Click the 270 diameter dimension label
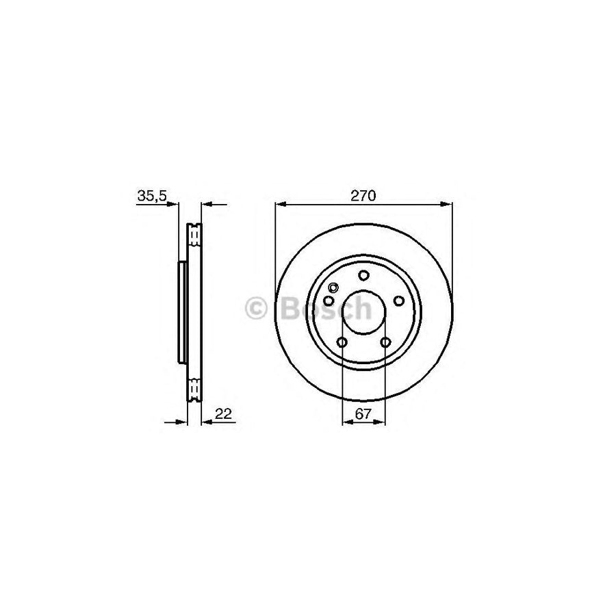click(x=364, y=196)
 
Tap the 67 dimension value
click(x=363, y=413)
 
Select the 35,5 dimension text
click(x=152, y=196)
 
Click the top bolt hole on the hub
click(x=363, y=275)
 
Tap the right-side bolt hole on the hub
click(x=398, y=301)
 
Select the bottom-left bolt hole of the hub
click(x=342, y=342)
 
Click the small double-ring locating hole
click(x=334, y=288)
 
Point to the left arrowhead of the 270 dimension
click(x=279, y=203)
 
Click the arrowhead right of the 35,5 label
click(x=175, y=203)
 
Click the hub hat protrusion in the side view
click(x=182, y=313)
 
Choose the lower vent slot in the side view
click(x=194, y=389)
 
